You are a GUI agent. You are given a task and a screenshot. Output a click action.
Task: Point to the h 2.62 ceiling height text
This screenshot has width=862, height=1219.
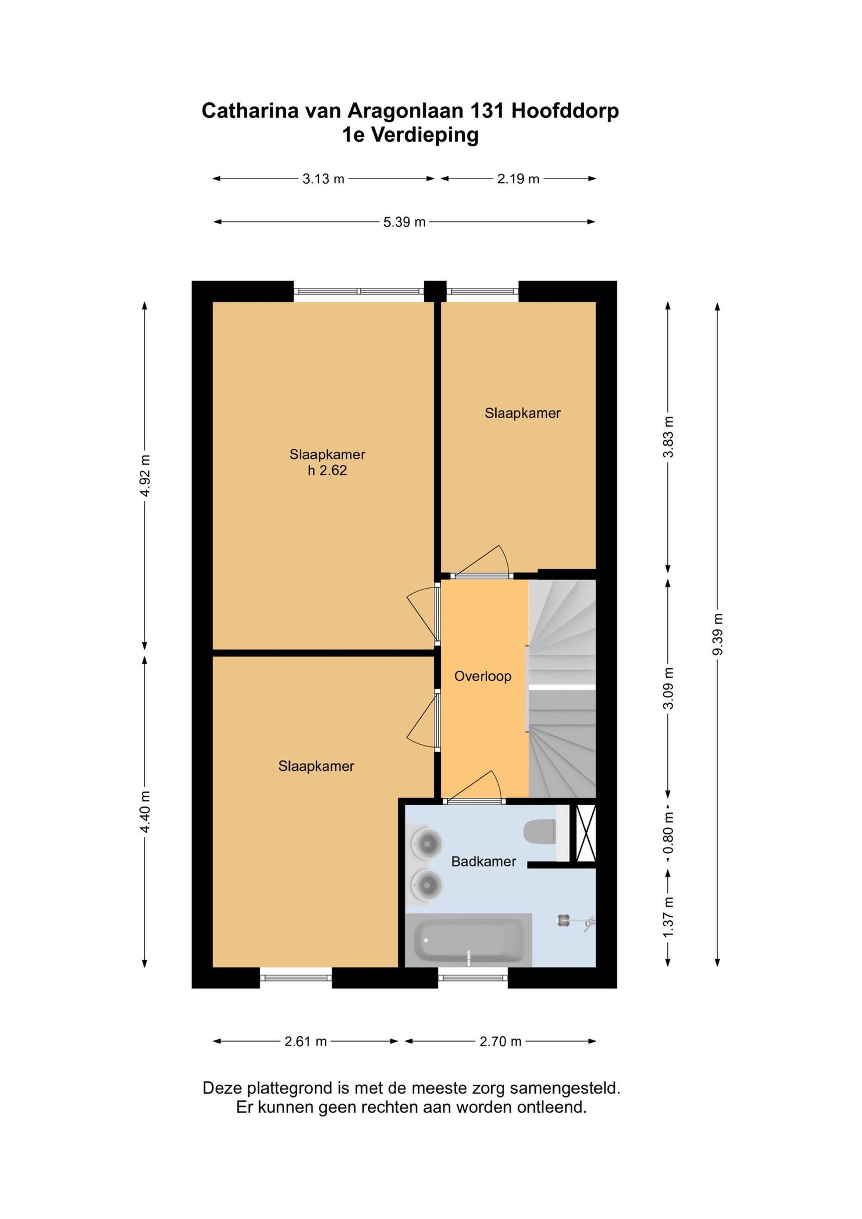(x=327, y=470)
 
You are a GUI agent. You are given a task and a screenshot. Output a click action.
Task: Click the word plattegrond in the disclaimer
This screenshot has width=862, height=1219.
(x=292, y=1089)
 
